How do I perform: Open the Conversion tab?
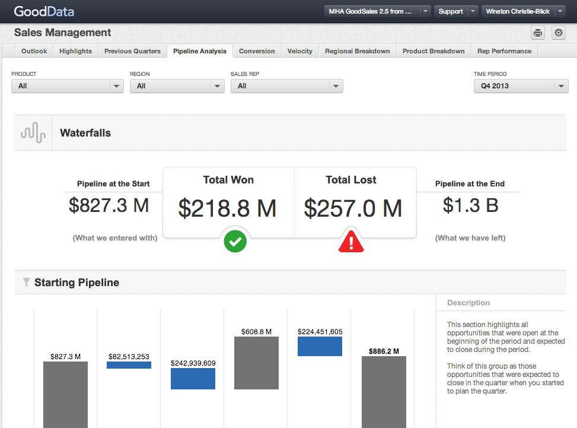coord(257,51)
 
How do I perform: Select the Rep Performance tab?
coord(504,51)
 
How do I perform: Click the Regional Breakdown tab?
coord(357,51)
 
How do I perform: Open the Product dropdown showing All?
coord(68,86)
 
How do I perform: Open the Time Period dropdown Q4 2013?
coord(521,86)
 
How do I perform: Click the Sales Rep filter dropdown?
coord(286,86)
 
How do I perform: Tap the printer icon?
coord(538,33)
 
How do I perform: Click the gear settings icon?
coord(558,33)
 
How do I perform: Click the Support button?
coord(451,11)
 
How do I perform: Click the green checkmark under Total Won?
coord(235,242)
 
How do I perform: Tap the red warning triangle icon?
coord(351,242)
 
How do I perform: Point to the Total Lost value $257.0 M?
coord(353,208)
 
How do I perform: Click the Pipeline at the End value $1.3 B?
coord(470,205)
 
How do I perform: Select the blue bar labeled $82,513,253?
coord(129,365)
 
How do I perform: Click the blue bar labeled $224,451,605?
coord(320,346)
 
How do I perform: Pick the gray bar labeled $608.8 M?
coord(256,363)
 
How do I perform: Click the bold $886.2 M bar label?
coord(384,351)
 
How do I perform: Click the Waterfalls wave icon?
coord(33,133)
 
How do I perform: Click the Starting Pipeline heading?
coord(76,283)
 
